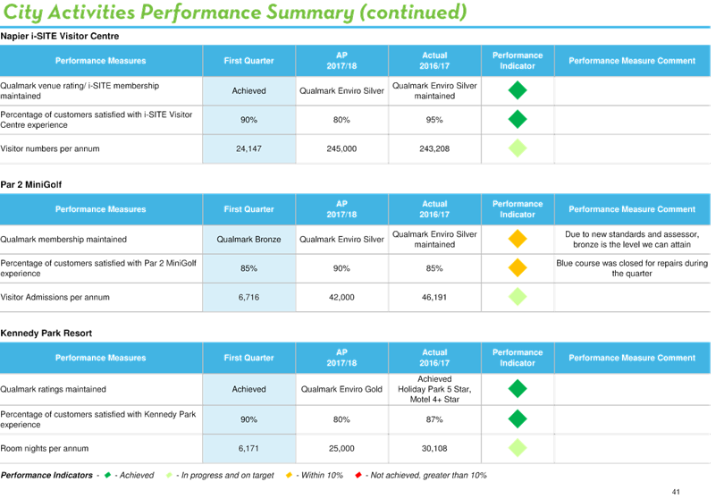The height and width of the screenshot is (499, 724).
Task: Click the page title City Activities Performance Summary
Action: [235, 13]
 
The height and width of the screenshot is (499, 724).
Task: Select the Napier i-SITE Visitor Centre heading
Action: [60, 36]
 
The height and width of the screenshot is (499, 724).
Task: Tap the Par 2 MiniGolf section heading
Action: [31, 185]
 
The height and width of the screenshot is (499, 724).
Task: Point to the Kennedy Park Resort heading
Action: [46, 334]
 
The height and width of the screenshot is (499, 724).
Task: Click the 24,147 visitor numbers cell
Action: [248, 148]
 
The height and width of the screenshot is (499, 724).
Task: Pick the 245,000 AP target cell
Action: [341, 148]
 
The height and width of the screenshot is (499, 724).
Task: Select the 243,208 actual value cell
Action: [434, 148]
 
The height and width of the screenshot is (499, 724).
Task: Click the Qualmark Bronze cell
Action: [248, 240]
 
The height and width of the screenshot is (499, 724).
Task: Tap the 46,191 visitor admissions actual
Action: [434, 297]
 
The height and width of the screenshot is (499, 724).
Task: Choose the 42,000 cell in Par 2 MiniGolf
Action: [341, 297]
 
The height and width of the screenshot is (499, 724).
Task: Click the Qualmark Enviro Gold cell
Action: [341, 389]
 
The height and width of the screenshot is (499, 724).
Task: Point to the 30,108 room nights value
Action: [434, 448]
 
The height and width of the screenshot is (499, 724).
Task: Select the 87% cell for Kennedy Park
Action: [434, 419]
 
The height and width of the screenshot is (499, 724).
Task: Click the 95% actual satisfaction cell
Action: [434, 120]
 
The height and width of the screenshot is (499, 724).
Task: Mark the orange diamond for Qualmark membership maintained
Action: [518, 239]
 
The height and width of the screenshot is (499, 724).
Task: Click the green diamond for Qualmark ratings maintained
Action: [518, 389]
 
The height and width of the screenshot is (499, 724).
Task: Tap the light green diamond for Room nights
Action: [518, 448]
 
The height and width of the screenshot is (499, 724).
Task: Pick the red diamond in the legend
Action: [358, 475]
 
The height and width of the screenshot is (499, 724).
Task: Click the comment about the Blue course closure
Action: [632, 268]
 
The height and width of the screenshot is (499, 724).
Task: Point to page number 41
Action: [676, 492]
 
